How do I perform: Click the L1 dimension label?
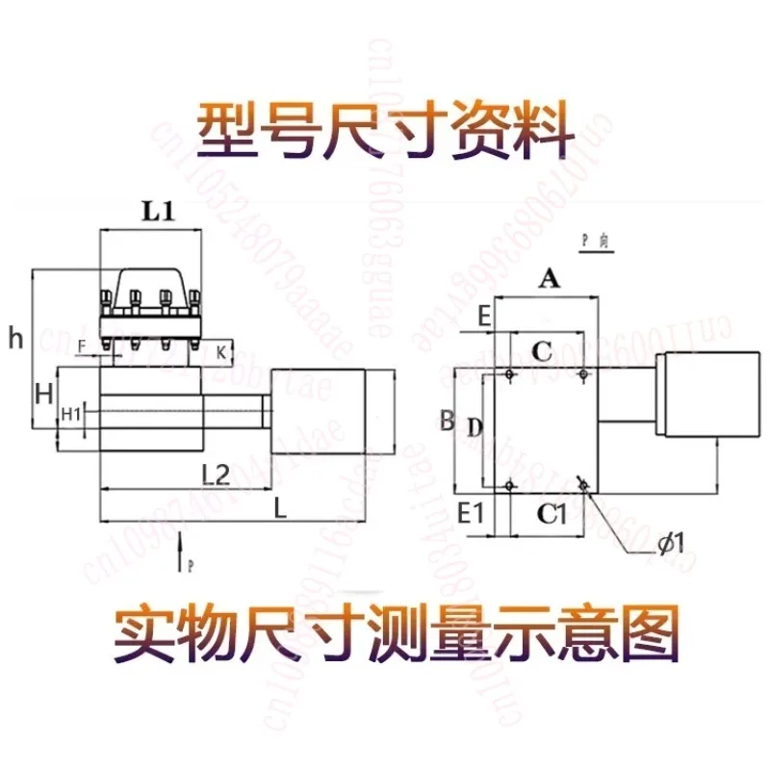(158, 213)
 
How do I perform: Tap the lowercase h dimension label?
(13, 337)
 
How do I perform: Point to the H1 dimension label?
(71, 414)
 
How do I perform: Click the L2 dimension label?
(215, 474)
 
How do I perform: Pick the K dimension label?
(222, 353)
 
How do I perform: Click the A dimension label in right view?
(549, 279)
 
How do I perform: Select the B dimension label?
(446, 420)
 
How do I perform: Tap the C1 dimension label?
(551, 514)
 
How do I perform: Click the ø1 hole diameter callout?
(671, 544)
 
